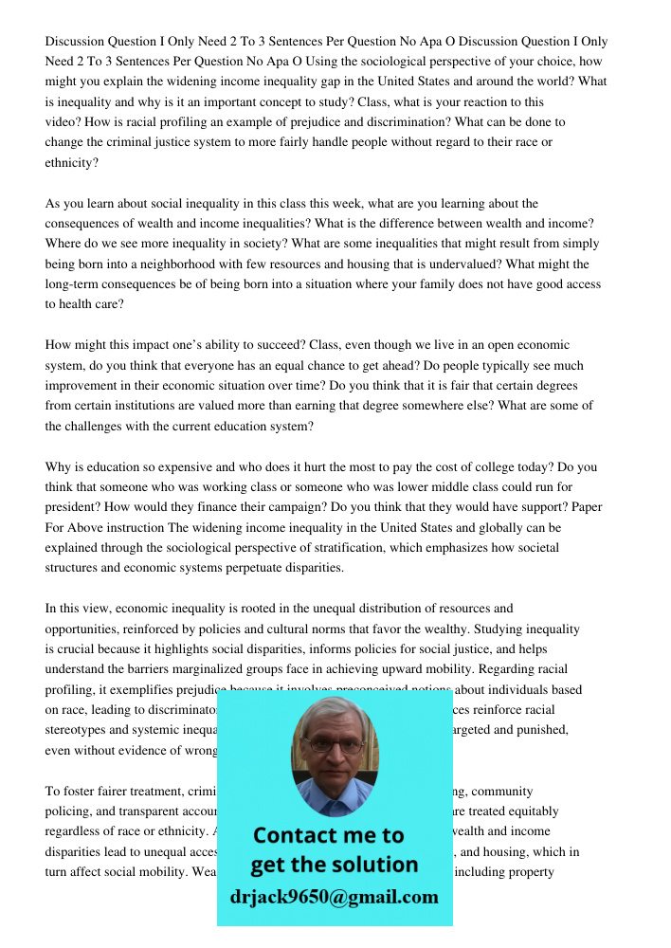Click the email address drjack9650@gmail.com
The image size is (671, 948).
point(335,897)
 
